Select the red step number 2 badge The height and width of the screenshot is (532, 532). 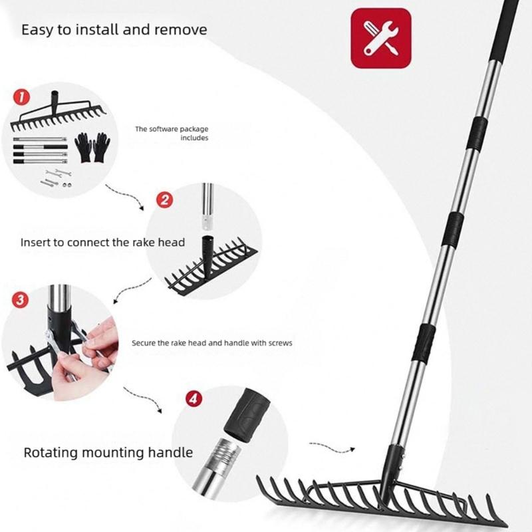coord(164,199)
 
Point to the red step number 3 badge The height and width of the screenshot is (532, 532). coord(21,299)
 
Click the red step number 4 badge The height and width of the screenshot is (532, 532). coord(192,400)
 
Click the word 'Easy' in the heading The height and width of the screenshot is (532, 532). coord(37,30)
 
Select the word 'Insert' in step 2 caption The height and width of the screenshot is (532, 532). coord(35,242)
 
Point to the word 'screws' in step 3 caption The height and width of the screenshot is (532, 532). coord(279,343)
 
